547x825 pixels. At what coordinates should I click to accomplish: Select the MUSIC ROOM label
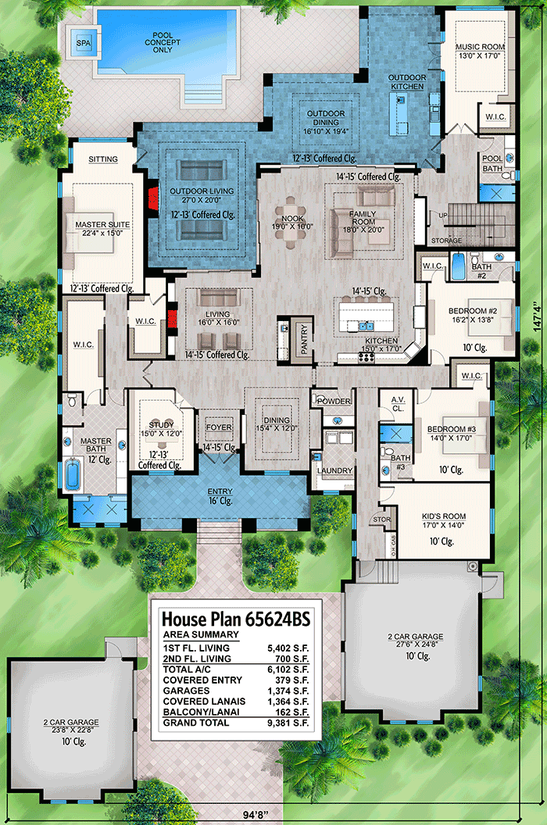click(x=480, y=48)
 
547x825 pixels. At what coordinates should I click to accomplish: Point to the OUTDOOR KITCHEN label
click(x=407, y=82)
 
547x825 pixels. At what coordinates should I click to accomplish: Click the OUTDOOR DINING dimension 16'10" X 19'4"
click(x=325, y=131)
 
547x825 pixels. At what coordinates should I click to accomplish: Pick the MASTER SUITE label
click(x=102, y=225)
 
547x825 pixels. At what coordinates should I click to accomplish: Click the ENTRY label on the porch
click(x=220, y=491)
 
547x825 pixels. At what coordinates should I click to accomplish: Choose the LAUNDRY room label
click(x=334, y=470)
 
